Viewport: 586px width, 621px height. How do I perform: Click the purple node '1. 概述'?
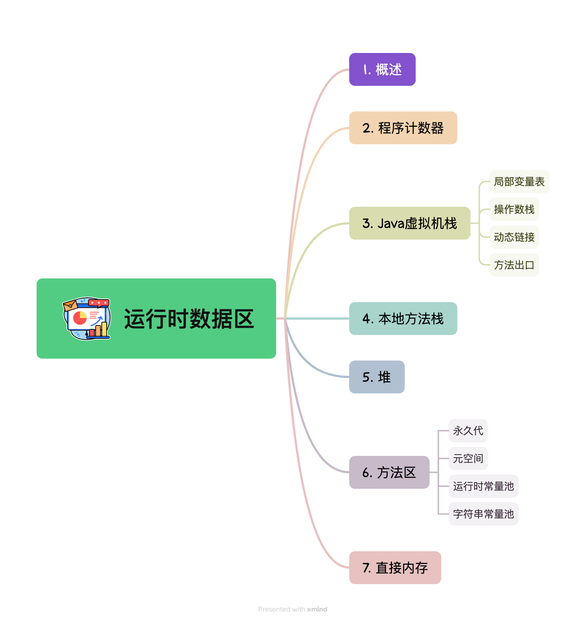coord(382,69)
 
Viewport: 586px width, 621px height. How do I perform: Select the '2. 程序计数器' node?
coord(403,128)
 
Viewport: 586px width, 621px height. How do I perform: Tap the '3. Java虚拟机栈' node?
coord(410,223)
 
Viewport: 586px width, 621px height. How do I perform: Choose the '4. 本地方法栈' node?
coord(403,319)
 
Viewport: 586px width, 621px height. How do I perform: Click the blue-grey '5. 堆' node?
coord(377,377)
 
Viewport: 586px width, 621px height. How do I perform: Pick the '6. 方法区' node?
coord(389,472)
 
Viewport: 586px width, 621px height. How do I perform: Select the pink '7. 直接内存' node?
coord(395,568)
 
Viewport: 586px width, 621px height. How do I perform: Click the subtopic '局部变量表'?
coord(519,182)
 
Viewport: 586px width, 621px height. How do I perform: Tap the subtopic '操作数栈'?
coord(514,209)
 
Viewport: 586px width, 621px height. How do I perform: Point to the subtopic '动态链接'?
coord(514,237)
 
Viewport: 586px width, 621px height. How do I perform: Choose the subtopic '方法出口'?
coord(514,265)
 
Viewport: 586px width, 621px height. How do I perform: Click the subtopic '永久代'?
coord(468,431)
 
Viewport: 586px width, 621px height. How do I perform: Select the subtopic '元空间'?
coord(468,458)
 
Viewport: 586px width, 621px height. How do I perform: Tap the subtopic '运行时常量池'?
coord(483,486)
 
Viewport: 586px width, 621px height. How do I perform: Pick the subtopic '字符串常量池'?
coord(483,514)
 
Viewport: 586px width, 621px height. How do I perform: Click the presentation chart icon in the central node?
coord(87,319)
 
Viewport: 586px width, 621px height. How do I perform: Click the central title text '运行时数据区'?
coord(189,319)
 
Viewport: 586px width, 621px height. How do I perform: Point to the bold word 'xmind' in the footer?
coord(317,609)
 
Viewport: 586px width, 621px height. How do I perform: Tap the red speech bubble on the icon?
coord(99,303)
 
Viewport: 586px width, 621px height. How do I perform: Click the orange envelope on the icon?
coord(70,305)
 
